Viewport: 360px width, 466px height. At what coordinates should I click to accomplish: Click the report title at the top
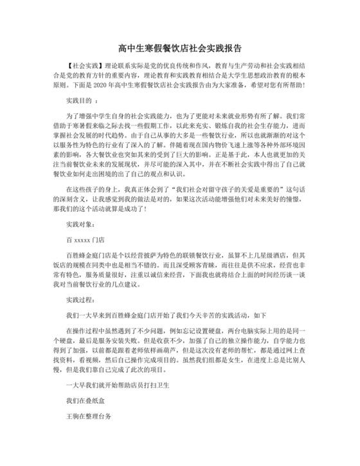180,48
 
